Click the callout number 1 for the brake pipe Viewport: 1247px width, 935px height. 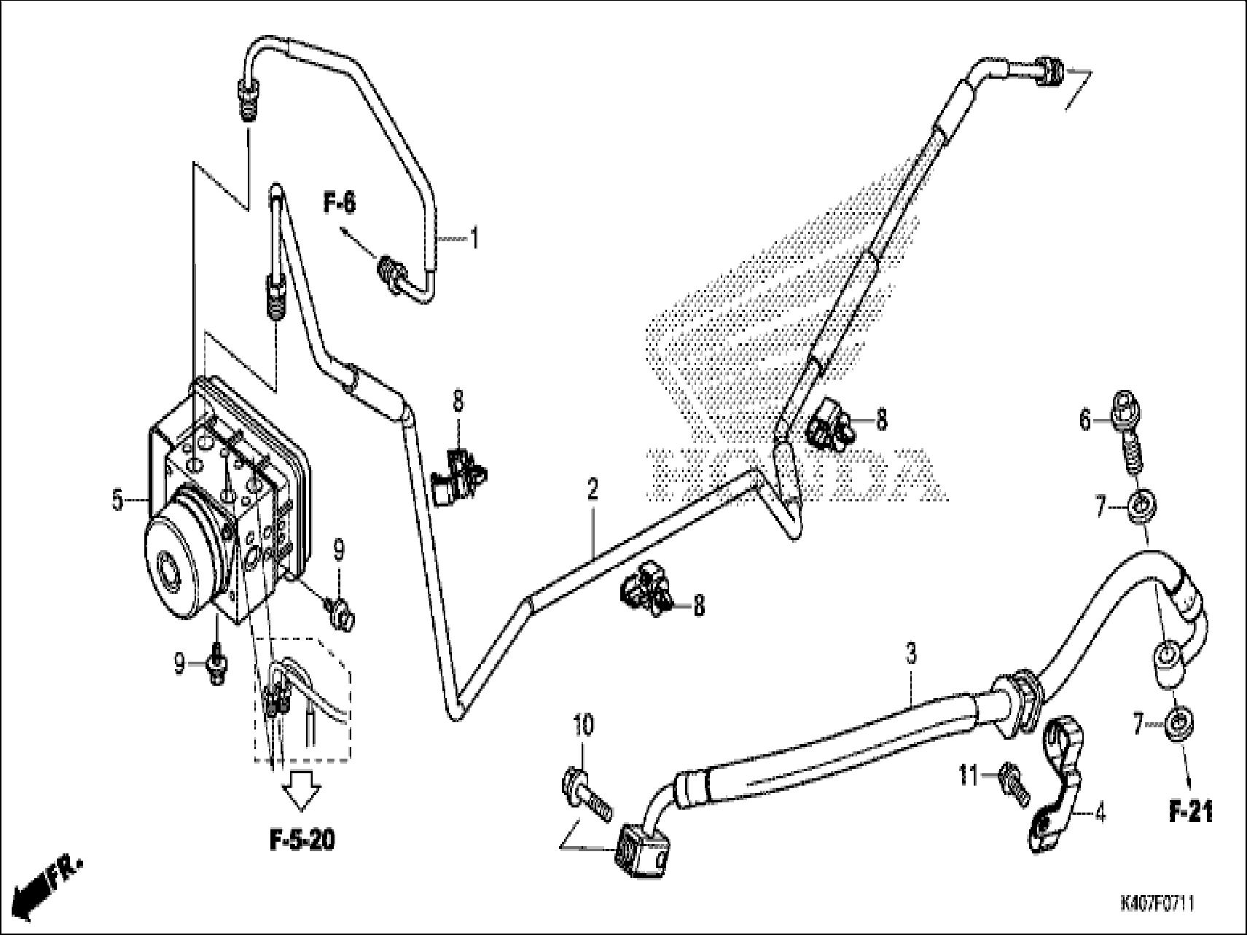click(474, 238)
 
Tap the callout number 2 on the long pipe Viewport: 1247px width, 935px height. click(593, 490)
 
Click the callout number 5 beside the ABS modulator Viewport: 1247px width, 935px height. click(117, 501)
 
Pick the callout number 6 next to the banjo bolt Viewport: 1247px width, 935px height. click(1085, 420)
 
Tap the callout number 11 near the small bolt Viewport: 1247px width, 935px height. click(967, 777)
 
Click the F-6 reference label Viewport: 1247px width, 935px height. click(340, 203)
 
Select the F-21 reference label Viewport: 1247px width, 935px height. click(1191, 812)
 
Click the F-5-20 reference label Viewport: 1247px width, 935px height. click(302, 840)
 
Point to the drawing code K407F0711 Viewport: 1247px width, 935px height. click(1157, 904)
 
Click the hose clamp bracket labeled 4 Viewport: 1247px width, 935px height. click(1055, 783)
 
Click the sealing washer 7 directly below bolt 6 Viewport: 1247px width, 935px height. click(1141, 506)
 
